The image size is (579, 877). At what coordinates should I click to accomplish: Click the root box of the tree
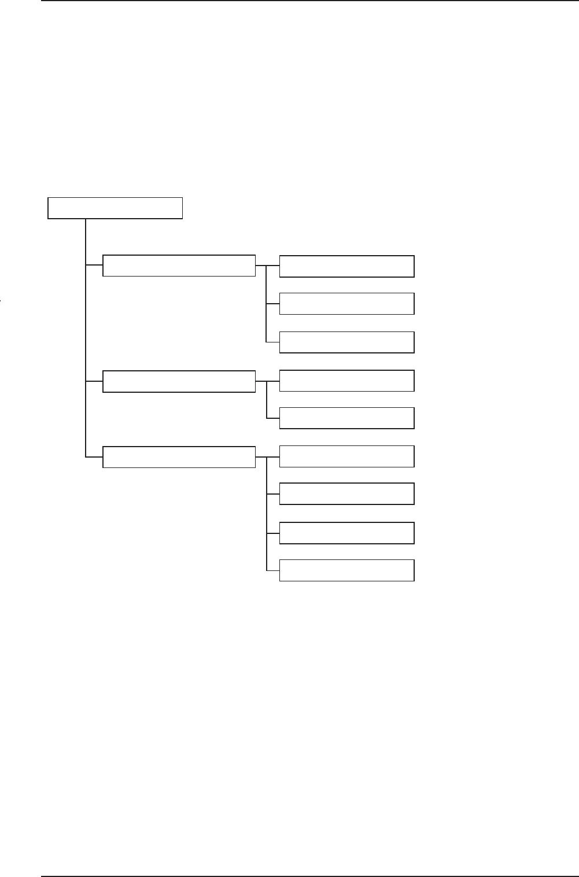pos(115,208)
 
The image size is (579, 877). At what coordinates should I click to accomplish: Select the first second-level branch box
pos(179,266)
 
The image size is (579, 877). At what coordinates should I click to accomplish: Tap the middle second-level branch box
pos(179,381)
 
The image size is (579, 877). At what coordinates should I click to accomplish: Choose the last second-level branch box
pos(179,457)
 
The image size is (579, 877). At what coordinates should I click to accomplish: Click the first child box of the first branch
pos(346,266)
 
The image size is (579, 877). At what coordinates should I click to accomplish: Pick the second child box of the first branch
pos(346,304)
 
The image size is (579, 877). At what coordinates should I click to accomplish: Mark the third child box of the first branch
pos(346,342)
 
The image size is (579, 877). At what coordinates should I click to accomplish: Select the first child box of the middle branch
pos(346,381)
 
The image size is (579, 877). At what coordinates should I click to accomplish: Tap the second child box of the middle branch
pos(346,418)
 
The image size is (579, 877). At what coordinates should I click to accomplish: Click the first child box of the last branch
pos(346,456)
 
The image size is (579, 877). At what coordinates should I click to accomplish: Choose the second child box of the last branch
pos(346,494)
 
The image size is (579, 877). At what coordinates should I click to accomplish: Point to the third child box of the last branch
pos(346,533)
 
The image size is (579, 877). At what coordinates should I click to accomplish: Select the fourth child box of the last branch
pos(346,570)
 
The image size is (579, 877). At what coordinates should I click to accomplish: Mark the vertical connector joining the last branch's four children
pos(267,515)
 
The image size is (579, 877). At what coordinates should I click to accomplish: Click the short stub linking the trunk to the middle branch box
pos(94,381)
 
